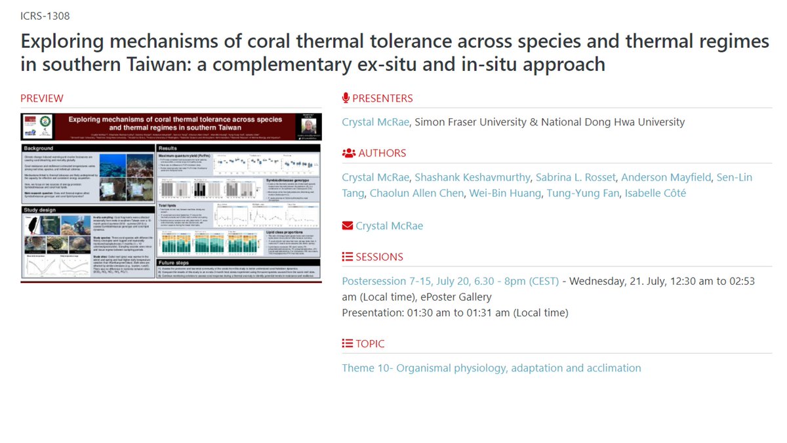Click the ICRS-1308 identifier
(45, 16)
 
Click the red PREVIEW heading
(42, 98)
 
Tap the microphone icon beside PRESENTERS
(346, 98)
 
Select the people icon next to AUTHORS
(348, 153)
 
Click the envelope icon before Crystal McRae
(348, 226)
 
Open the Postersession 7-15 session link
(450, 281)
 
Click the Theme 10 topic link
(491, 368)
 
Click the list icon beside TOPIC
(348, 343)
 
